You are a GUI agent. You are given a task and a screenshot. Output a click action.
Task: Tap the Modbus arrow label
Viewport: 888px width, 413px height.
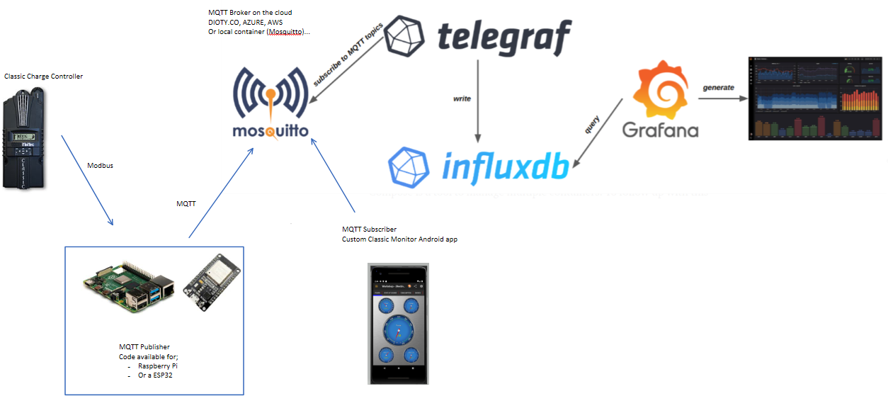pos(100,165)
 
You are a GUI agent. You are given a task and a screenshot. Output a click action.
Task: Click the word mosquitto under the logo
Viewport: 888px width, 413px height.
pos(271,131)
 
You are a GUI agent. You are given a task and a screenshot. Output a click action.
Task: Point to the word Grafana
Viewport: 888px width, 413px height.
pos(660,130)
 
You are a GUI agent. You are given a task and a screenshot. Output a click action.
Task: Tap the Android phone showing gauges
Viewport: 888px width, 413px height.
pos(399,323)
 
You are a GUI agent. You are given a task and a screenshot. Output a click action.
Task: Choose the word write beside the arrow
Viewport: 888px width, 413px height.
pos(462,98)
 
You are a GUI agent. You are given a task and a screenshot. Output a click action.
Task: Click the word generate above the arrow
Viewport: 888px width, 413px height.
pos(718,87)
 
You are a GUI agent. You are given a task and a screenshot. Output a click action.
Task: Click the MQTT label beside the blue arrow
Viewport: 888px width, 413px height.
pos(186,203)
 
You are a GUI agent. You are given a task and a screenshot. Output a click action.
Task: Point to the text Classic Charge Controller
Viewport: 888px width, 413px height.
pos(43,76)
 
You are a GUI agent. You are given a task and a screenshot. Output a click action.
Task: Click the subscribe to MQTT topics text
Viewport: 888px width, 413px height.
pos(348,55)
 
